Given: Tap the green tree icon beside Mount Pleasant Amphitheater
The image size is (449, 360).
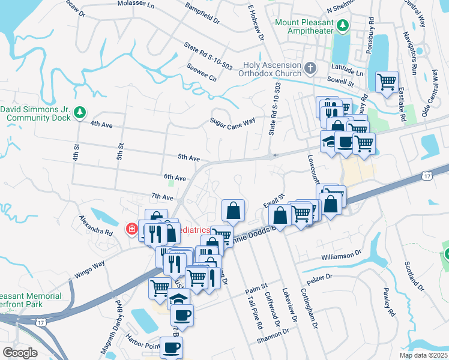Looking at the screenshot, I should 343,25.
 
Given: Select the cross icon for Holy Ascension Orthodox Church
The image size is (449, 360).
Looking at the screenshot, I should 310,67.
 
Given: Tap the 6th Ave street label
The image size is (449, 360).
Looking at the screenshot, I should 175,178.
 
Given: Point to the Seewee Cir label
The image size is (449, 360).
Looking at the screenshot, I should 202,71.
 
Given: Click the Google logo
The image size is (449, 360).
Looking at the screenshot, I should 20,353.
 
